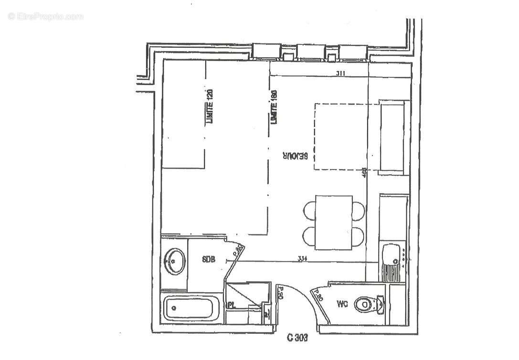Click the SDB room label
pyautogui.click(x=209, y=260)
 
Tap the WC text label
pyautogui.click(x=342, y=303)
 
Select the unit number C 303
pyautogui.click(x=297, y=339)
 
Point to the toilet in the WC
pyautogui.click(x=368, y=304)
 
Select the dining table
pyautogui.click(x=334, y=222)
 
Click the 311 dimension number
pyautogui.click(x=340, y=73)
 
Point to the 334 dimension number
pyautogui.click(x=302, y=259)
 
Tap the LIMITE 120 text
pyautogui.click(x=209, y=106)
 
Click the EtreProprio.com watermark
pyautogui.click(x=45, y=17)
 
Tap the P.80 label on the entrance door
pyautogui.click(x=281, y=292)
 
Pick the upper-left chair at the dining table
pyautogui.click(x=310, y=209)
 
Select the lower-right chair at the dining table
pyautogui.click(x=358, y=235)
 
